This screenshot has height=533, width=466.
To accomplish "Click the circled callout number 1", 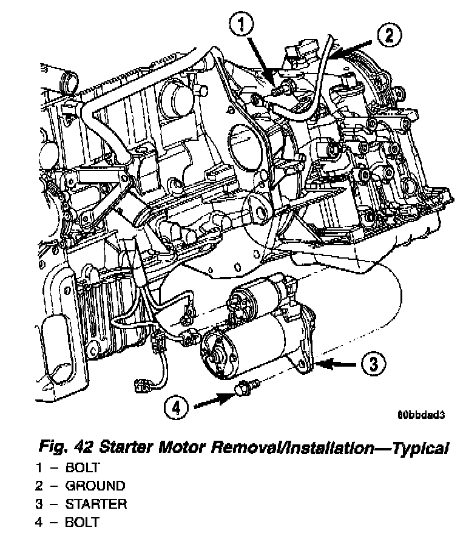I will point(241,26).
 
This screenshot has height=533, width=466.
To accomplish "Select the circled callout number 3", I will point(374,364).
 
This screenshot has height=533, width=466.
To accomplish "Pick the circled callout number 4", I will point(176,408).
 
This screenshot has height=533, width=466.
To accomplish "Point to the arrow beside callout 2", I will point(355,47).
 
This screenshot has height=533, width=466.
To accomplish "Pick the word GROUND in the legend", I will point(95,486).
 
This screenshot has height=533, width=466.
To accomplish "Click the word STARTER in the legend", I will point(96,504).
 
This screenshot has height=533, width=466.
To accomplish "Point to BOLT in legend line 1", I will point(83,467).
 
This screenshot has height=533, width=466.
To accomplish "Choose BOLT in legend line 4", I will point(83,522).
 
